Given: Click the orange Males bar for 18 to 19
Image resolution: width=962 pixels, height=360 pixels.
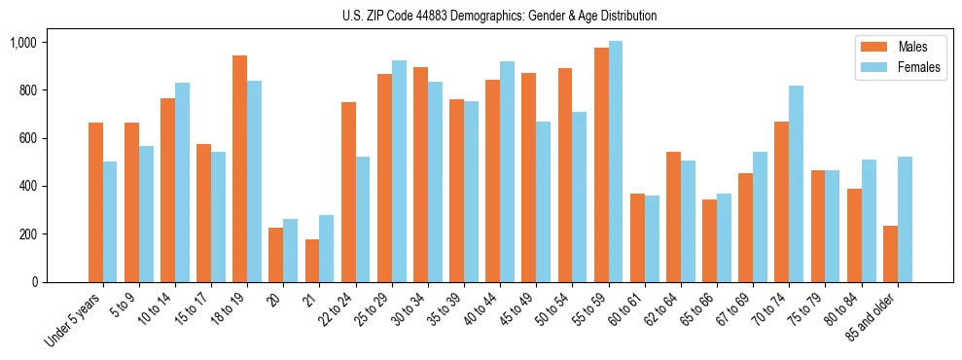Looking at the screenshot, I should (239, 168).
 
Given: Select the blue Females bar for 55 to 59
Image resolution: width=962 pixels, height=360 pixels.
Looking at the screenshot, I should (616, 162).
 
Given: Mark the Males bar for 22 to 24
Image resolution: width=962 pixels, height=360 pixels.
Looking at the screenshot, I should (348, 192).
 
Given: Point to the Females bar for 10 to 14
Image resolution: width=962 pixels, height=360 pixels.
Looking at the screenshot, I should (182, 182).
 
